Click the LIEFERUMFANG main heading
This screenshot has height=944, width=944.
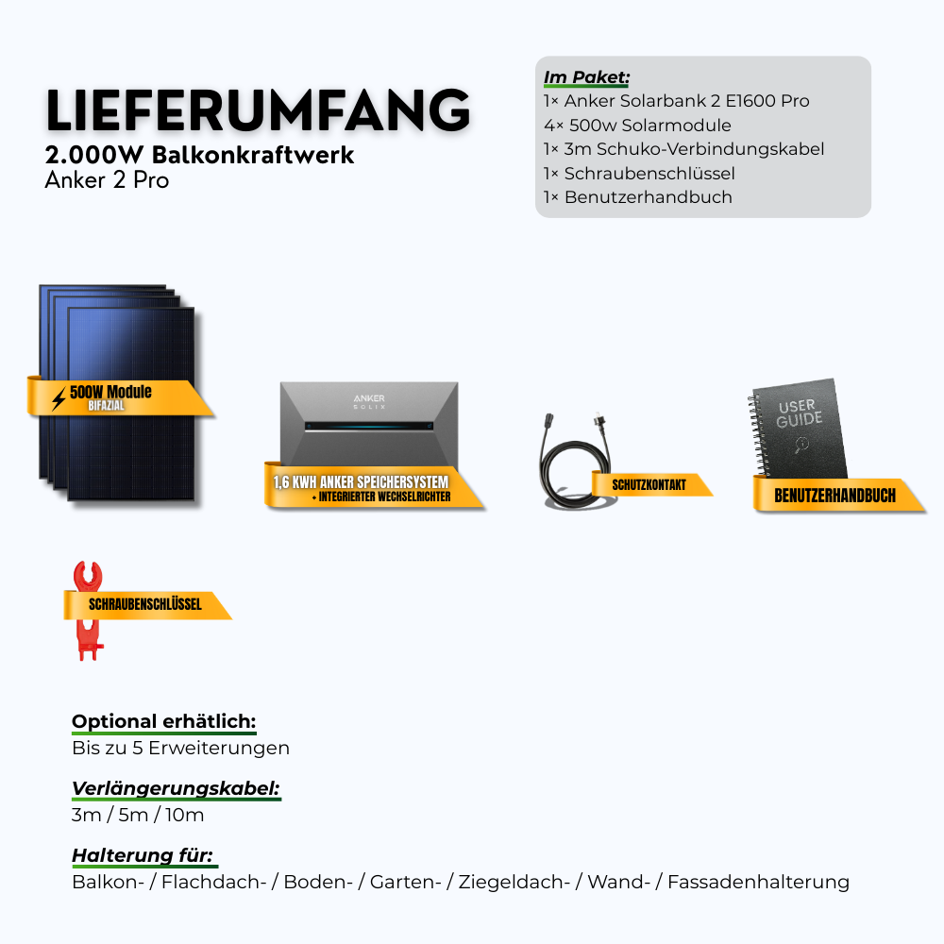click(x=257, y=111)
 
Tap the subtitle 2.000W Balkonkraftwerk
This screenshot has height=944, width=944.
click(x=199, y=156)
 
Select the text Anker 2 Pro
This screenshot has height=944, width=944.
click(x=107, y=180)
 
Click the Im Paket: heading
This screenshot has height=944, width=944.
click(x=586, y=76)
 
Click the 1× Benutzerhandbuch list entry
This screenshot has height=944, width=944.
click(x=637, y=197)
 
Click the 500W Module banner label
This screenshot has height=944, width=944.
click(x=112, y=392)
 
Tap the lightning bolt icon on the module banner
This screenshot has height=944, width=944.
click(x=59, y=399)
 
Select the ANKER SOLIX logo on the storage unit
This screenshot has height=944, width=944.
click(x=369, y=402)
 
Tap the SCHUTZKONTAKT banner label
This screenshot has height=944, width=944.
click(x=649, y=484)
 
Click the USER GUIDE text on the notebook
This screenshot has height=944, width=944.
click(x=800, y=413)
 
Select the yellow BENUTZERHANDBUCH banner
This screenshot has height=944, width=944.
click(x=834, y=495)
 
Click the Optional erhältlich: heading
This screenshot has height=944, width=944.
click(x=163, y=722)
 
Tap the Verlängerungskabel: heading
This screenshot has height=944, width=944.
click(x=176, y=789)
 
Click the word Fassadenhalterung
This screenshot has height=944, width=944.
click(x=758, y=883)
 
